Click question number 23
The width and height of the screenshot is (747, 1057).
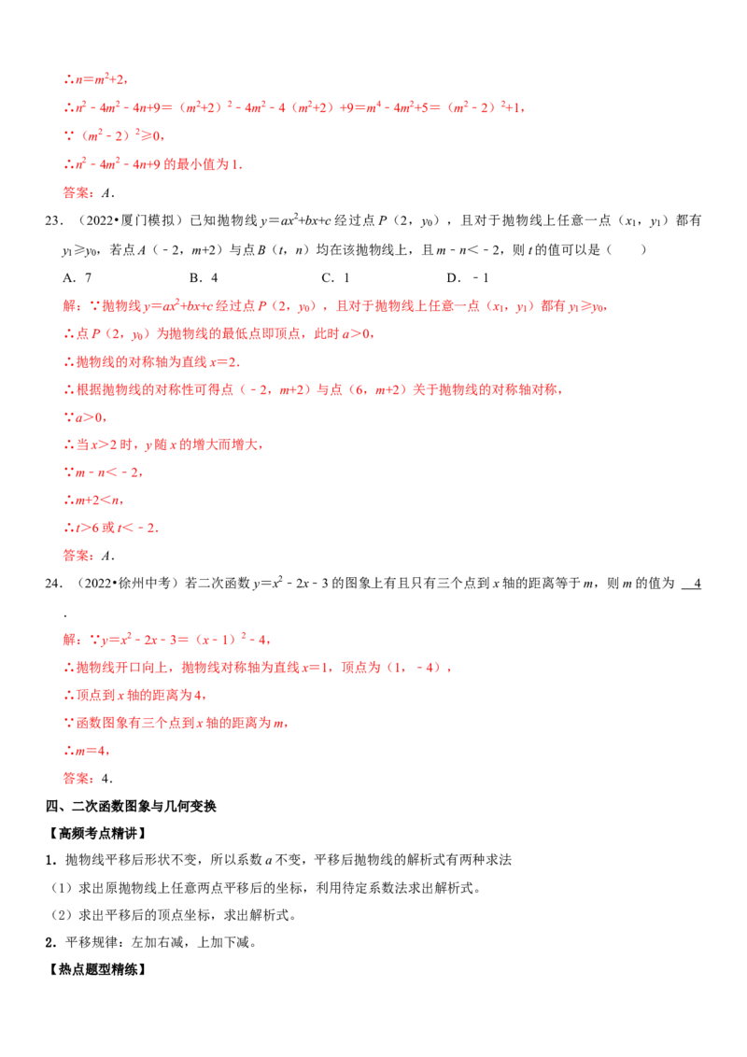[x=54, y=220]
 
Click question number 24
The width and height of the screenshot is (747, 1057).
[x=54, y=583]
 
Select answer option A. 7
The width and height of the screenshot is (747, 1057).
[x=77, y=277]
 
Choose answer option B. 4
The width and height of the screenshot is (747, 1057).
[x=204, y=277]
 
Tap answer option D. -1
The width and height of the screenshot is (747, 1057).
[x=467, y=277]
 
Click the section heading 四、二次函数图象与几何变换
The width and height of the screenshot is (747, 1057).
[x=131, y=806]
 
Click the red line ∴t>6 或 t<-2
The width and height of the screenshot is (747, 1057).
[x=111, y=528]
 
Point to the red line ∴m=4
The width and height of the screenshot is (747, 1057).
[x=86, y=751]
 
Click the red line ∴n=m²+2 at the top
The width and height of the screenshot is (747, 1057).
[x=96, y=78]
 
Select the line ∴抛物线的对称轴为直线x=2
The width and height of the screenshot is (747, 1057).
[x=151, y=362]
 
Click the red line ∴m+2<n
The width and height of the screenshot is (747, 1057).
[x=93, y=500]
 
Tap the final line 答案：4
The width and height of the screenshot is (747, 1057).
[x=88, y=779]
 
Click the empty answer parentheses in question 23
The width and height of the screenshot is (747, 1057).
[x=627, y=249]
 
